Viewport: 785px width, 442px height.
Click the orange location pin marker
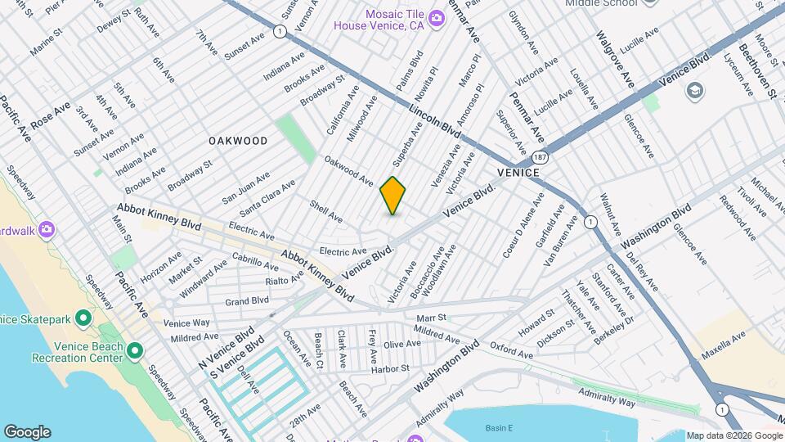point(393,196)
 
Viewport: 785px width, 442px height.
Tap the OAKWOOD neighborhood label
point(238,141)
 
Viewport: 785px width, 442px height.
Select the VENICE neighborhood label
point(518,173)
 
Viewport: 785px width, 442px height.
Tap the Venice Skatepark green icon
point(83,318)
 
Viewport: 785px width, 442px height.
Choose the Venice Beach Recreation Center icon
point(135,351)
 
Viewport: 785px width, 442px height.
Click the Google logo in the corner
point(27,432)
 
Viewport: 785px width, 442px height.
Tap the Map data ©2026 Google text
point(733,435)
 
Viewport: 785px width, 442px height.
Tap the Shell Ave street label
point(326,211)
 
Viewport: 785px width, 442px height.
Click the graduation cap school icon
point(696,89)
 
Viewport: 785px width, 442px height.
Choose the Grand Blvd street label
point(247,301)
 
